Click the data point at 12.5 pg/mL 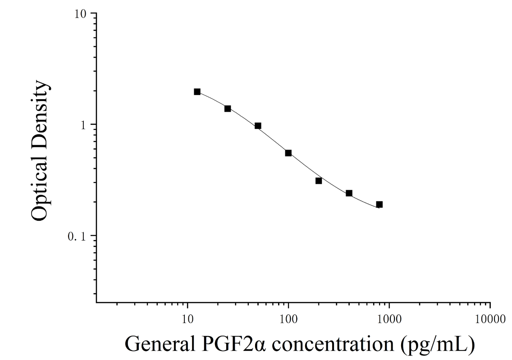197,92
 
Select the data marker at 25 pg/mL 228,109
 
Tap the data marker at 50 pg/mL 258,126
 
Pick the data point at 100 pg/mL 288,153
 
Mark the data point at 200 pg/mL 319,181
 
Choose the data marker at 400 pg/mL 349,193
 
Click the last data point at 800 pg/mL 379,205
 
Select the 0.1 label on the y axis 77,236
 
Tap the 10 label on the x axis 187,319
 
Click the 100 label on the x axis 288,319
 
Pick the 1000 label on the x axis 389,319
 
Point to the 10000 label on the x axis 490,319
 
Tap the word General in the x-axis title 160,344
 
